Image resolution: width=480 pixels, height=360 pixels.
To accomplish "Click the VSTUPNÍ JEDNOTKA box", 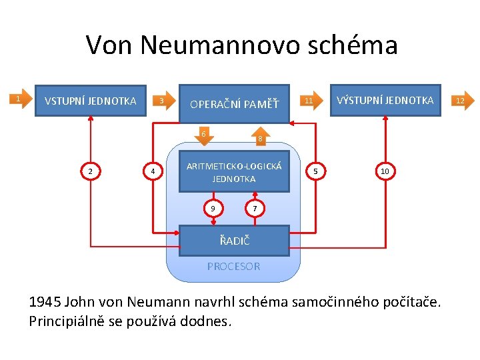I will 90,101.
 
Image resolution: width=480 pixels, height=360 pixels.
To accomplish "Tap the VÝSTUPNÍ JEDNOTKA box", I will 385,100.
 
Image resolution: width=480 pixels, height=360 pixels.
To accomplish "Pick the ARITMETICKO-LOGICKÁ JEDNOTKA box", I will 234,173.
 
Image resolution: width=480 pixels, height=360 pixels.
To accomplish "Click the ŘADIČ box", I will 234,240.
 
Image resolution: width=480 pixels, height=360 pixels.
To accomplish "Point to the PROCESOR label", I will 233,266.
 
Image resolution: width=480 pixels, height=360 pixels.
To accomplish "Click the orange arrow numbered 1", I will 21,99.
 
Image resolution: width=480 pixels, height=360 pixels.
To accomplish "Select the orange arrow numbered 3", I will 161,101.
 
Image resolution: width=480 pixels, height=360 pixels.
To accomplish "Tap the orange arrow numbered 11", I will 309,101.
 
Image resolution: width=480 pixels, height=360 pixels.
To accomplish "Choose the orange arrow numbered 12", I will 458,101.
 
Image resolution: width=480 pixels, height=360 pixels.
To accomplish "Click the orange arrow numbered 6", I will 204,134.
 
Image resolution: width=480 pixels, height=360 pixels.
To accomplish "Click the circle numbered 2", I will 91,172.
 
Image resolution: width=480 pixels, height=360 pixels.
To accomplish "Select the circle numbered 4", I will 153,172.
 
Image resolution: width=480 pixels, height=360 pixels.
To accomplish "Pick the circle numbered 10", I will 385,172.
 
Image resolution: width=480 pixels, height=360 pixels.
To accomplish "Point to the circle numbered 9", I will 213,209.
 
